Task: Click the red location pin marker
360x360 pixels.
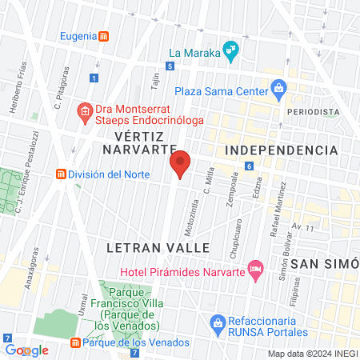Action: (x=181, y=165)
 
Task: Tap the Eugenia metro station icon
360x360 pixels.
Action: (x=104, y=37)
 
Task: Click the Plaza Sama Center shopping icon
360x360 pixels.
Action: (x=278, y=87)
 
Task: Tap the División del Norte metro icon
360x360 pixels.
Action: (x=60, y=174)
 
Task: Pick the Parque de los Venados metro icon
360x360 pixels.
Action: (x=75, y=343)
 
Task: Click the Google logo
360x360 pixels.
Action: (x=26, y=350)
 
